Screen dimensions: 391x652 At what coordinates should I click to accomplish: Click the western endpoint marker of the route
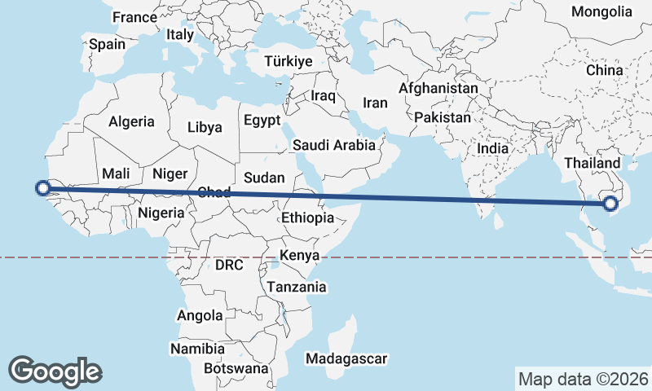coord(43,189)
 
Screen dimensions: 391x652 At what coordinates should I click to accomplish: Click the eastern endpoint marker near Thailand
coord(611,203)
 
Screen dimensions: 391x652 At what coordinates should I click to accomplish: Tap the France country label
coord(134,17)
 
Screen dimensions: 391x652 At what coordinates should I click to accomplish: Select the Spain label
coord(107,45)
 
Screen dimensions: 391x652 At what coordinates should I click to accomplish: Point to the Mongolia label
coord(601,11)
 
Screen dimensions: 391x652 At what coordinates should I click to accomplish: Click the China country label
coord(604,70)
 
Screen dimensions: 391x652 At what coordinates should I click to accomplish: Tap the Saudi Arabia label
coord(334,145)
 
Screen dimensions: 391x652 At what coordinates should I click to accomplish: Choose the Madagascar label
coord(346,358)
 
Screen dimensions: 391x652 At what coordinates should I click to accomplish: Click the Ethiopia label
coord(307,217)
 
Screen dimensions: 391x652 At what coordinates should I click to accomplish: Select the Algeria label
coord(131,121)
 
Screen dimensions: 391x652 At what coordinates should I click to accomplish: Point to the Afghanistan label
coord(438,87)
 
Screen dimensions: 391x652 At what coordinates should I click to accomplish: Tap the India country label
coord(492,149)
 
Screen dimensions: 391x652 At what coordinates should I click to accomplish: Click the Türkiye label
coord(289,62)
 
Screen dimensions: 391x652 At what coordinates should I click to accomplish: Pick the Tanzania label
coord(297,287)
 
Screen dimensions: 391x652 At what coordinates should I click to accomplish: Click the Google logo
coord(55,371)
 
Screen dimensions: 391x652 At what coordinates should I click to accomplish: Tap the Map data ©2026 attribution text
coord(584,379)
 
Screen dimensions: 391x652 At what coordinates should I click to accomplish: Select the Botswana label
coord(236,368)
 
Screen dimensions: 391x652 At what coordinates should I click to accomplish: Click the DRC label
coord(229,265)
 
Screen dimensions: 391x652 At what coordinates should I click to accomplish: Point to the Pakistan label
coord(443,117)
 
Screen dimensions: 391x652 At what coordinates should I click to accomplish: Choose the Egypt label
coord(262,121)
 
